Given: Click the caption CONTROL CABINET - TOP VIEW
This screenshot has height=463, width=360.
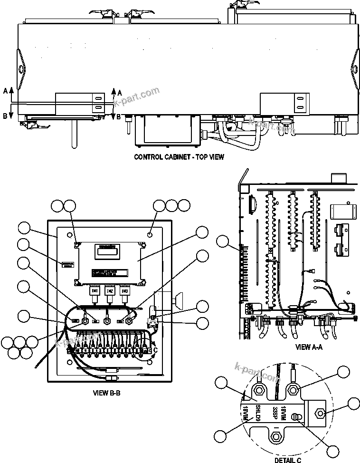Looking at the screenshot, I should (x=179, y=156).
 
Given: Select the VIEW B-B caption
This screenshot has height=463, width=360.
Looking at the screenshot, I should (x=110, y=393).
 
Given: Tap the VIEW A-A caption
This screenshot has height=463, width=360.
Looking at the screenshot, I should (x=309, y=347).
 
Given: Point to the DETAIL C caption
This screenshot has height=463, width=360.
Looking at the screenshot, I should (x=288, y=460).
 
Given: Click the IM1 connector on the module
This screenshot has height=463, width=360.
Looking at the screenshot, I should (x=94, y=290).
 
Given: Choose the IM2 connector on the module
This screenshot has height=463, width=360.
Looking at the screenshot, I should (x=110, y=290).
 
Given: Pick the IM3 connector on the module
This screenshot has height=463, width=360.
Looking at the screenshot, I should (x=125, y=290).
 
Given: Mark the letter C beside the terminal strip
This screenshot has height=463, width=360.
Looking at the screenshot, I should (x=154, y=351).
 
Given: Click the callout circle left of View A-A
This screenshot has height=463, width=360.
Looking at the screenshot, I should (x=223, y=242).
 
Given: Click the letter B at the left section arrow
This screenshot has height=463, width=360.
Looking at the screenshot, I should (x=5, y=116).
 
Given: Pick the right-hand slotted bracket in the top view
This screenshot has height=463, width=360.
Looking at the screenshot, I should (x=300, y=103).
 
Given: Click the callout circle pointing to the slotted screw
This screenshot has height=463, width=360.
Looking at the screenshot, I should (x=334, y=450).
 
